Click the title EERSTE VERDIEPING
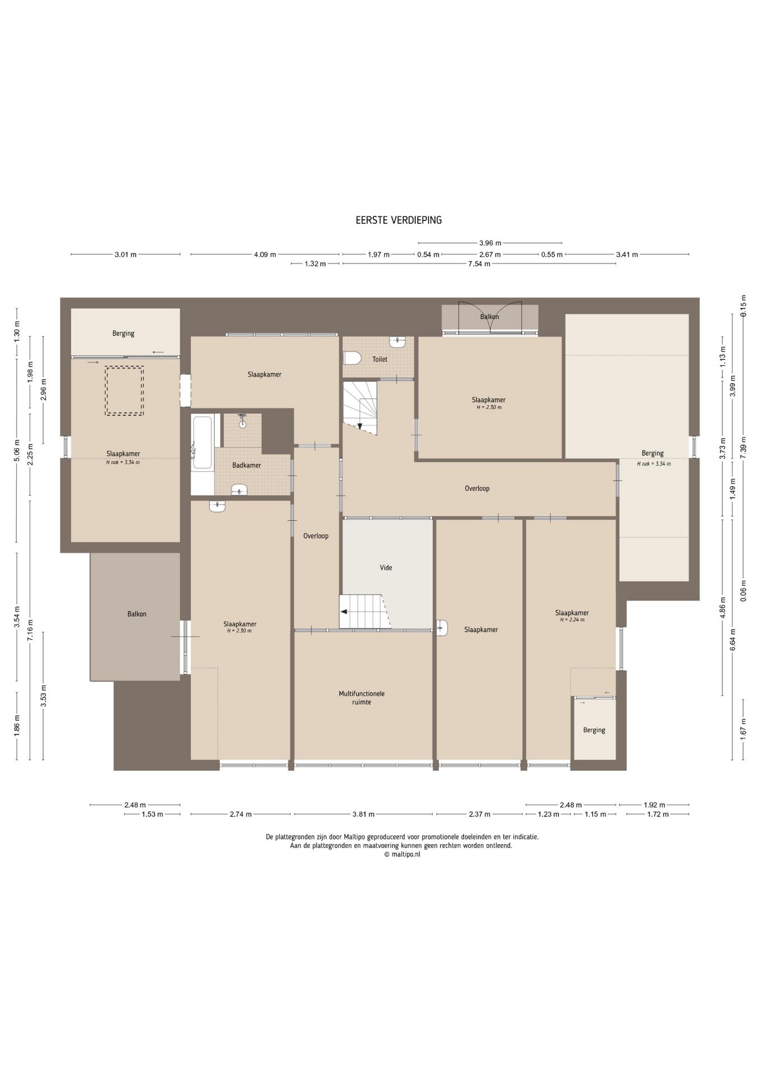(x=398, y=220)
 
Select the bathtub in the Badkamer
(x=202, y=441)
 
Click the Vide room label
(x=386, y=568)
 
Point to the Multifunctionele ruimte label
(x=362, y=698)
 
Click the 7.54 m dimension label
(x=479, y=264)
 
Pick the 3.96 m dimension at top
(x=490, y=243)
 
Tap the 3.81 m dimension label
(x=364, y=814)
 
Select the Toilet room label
(x=380, y=359)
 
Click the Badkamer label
(x=246, y=465)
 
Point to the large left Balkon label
(x=137, y=614)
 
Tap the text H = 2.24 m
(x=572, y=620)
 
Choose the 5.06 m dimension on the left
(x=17, y=450)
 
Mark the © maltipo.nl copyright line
(x=401, y=854)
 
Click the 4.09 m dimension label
(x=265, y=255)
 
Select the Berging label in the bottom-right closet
(x=594, y=730)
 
